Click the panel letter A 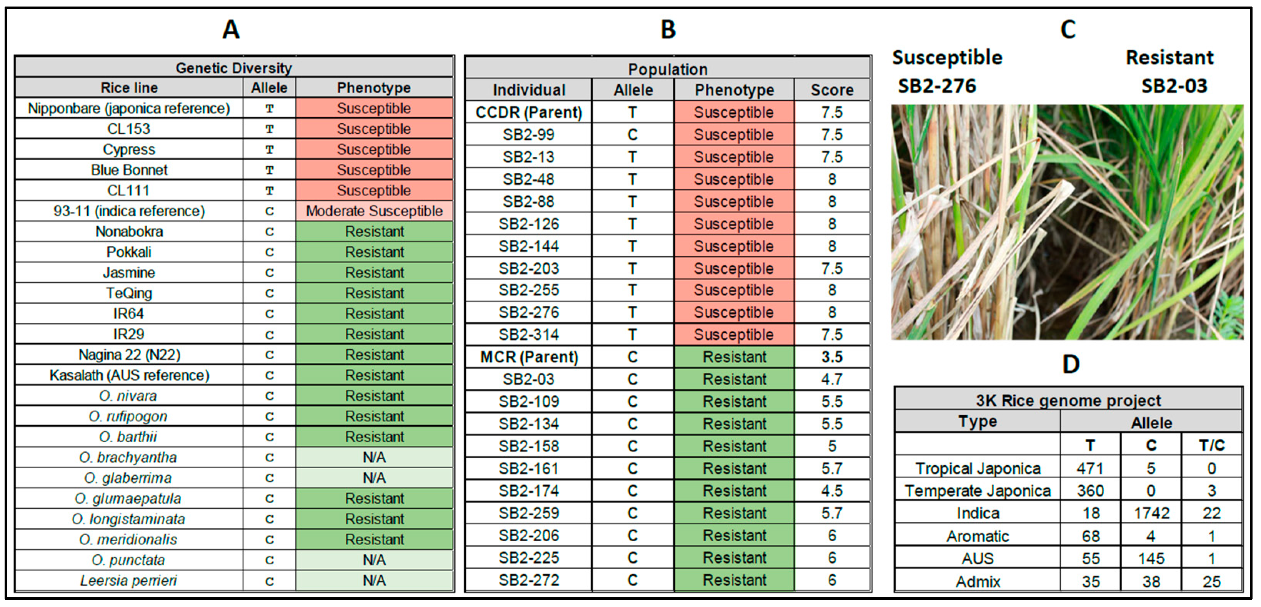tap(231, 29)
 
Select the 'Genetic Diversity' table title tap(233, 68)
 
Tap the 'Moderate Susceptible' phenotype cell tap(374, 211)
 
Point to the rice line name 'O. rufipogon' tap(128, 416)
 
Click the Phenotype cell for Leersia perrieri tap(374, 580)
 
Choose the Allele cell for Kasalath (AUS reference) tap(269, 375)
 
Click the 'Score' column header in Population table tap(832, 90)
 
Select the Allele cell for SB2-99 tap(633, 134)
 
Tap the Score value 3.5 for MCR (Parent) tap(832, 357)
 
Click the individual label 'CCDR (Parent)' tap(529, 113)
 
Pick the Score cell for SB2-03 tap(832, 379)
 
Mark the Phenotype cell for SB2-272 tap(734, 580)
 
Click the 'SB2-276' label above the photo tap(936, 86)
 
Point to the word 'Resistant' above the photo tap(1169, 58)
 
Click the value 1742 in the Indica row tap(1151, 513)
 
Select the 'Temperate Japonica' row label tap(978, 491)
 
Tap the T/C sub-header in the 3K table tap(1211, 445)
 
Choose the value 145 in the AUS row tap(1151, 559)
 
